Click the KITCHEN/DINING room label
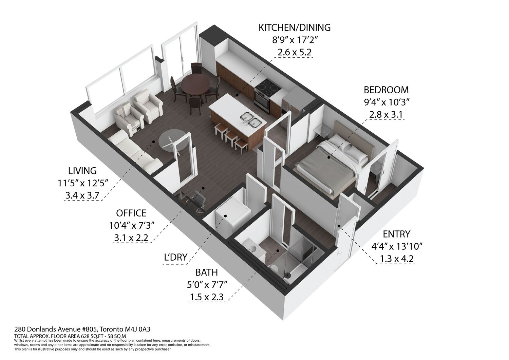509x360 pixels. point(295,27)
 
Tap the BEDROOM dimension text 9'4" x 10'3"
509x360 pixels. point(386,102)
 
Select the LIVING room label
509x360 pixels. point(82,171)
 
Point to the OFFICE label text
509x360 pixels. point(131,213)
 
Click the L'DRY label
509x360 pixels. point(176,257)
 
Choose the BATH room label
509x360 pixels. point(207,272)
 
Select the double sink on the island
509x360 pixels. point(251,119)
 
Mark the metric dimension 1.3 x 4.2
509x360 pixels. point(396,259)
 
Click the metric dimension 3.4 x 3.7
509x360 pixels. point(82,195)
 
